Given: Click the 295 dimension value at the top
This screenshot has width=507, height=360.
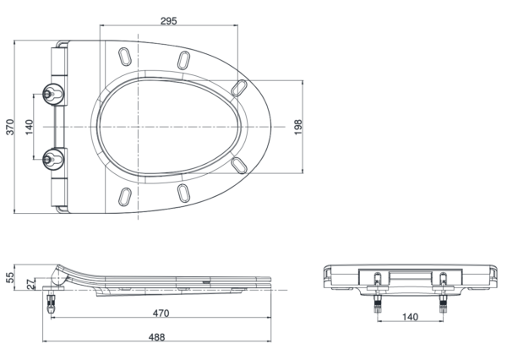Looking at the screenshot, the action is (169, 20).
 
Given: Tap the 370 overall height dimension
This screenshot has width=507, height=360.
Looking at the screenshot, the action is (11, 127).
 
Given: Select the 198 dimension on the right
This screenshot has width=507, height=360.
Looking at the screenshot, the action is (298, 127).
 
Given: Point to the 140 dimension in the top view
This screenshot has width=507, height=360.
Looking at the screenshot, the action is (29, 127).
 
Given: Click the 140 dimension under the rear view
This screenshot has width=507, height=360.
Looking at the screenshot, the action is (410, 317).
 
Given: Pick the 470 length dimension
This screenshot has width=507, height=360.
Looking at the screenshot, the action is (161, 314).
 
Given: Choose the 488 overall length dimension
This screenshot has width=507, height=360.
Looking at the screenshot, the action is (157, 337).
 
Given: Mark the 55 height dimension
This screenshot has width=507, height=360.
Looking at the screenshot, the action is (11, 277).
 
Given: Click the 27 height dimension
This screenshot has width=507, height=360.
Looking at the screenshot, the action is (30, 284).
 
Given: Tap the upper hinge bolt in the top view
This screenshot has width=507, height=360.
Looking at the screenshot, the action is (52, 94).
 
